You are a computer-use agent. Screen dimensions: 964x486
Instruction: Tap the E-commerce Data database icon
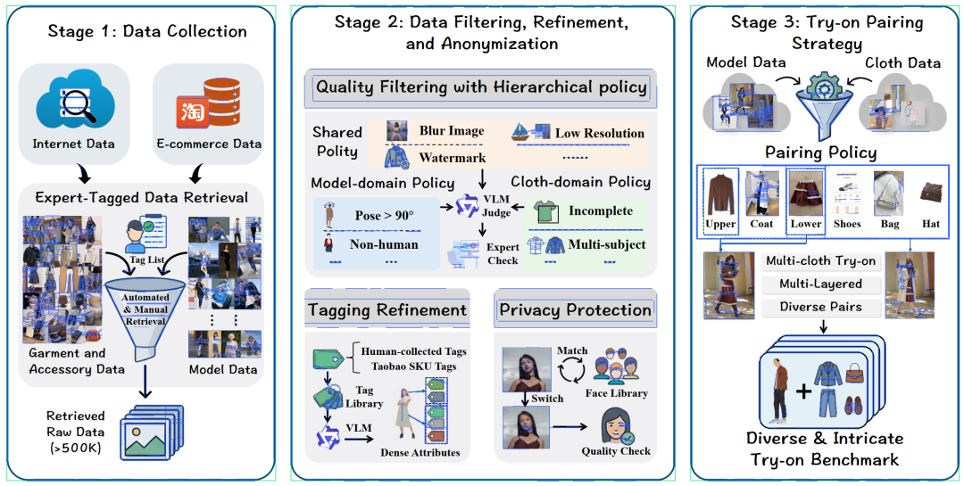pyautogui.click(x=207, y=102)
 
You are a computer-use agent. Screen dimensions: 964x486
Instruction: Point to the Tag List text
pyautogui.click(x=147, y=259)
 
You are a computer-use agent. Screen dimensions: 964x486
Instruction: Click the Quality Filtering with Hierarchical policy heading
pyautogui.click(x=481, y=87)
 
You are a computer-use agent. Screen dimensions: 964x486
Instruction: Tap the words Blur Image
pyautogui.click(x=452, y=131)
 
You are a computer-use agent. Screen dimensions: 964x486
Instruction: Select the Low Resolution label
pyautogui.click(x=600, y=134)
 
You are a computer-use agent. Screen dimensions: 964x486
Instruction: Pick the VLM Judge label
pyautogui.click(x=495, y=207)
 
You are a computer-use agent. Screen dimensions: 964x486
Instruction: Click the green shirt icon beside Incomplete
pyautogui.click(x=546, y=212)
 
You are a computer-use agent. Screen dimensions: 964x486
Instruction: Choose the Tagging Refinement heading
pyautogui.click(x=387, y=309)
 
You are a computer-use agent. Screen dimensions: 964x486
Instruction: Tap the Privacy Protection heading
pyautogui.click(x=576, y=309)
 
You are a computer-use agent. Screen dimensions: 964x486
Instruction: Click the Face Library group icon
pyautogui.click(x=617, y=367)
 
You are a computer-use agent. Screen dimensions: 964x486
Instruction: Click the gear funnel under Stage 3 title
pyautogui.click(x=821, y=102)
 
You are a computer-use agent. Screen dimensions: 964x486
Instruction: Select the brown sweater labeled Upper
pyautogui.click(x=720, y=194)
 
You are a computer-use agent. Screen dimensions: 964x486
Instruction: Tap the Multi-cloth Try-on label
pyautogui.click(x=821, y=261)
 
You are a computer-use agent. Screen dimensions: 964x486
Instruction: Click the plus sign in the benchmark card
pyautogui.click(x=803, y=391)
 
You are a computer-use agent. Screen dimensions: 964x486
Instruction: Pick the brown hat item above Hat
pyautogui.click(x=930, y=193)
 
